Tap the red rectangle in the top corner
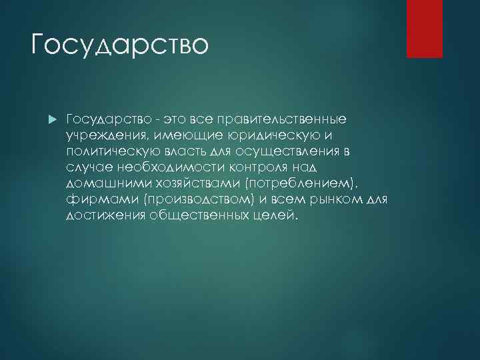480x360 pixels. click(x=425, y=29)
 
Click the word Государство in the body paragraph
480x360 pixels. click(x=109, y=119)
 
